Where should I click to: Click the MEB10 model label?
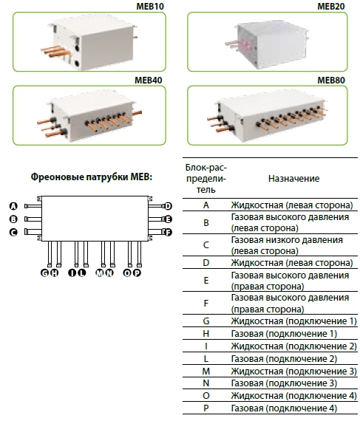150,6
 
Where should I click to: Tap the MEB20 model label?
331,6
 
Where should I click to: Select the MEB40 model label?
149,80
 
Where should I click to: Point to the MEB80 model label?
331,80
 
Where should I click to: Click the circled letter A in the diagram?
13,206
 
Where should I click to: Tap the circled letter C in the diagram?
13,232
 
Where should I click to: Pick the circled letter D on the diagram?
168,206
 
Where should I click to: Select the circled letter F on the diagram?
168,232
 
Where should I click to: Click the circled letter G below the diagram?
44,273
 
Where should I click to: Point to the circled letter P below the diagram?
137,273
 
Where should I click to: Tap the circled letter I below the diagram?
72,273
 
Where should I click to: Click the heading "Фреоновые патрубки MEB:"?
92,177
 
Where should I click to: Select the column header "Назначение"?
294,179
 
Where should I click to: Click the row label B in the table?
206,222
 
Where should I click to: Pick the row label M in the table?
206,371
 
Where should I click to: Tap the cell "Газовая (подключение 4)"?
284,408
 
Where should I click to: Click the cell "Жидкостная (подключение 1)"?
294,321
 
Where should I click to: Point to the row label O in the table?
206,395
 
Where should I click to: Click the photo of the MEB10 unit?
89,41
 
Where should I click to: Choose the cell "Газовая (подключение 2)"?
284,359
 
